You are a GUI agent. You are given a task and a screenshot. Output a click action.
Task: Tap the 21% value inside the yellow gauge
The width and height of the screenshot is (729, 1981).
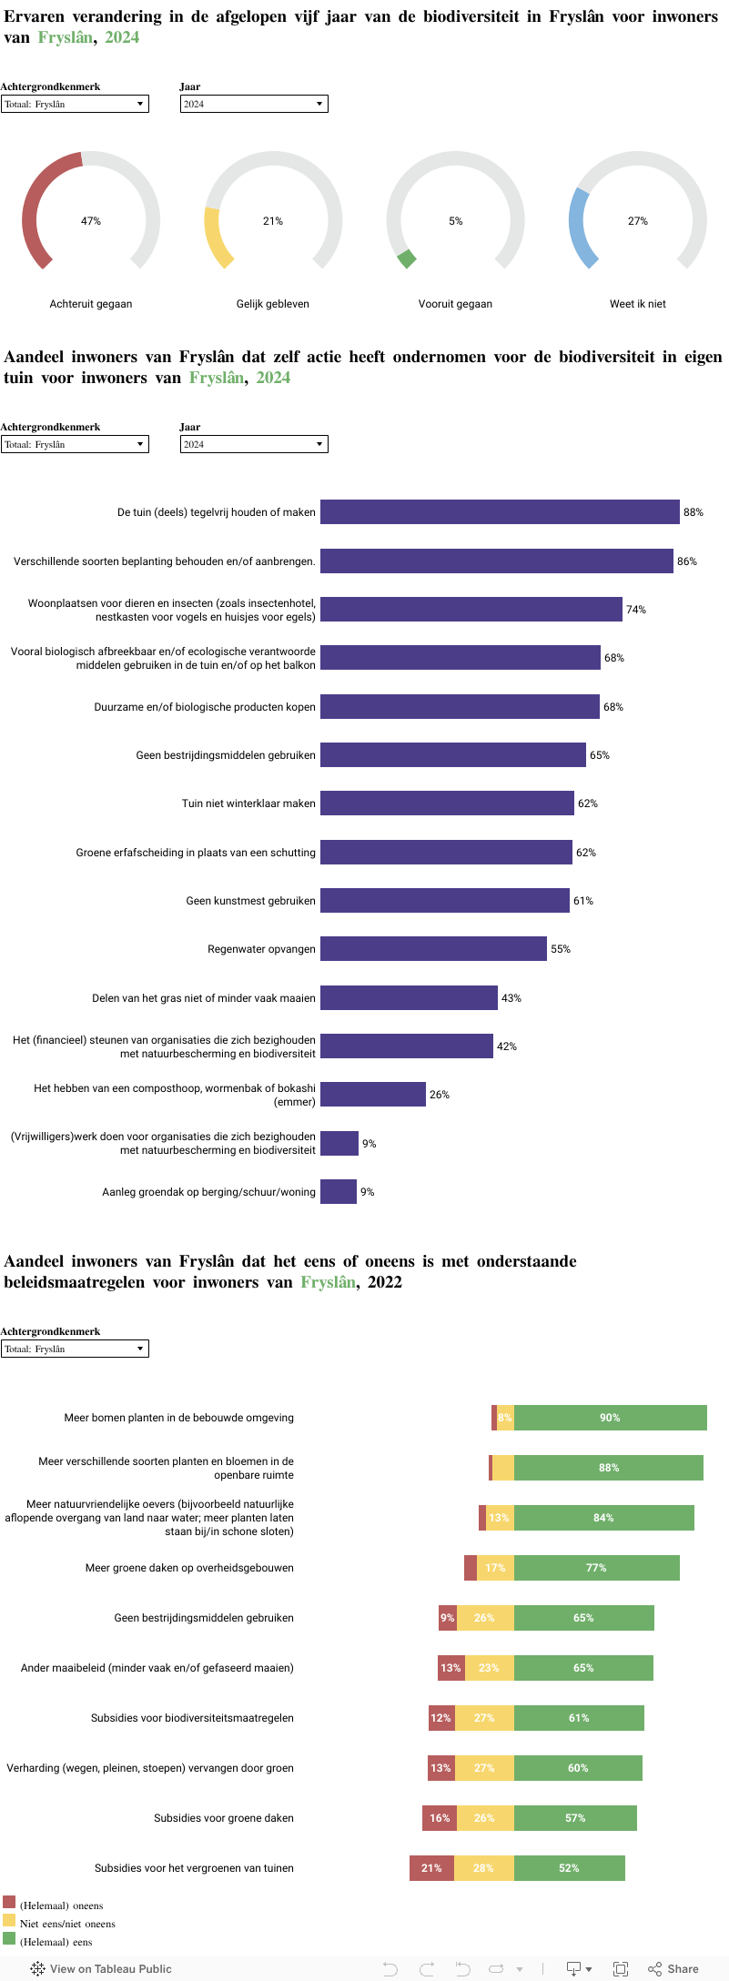[273, 221]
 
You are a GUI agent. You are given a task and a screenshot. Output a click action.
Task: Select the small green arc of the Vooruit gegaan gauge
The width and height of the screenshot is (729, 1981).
[407, 258]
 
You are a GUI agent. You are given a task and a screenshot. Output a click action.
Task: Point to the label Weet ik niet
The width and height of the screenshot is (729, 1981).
[637, 304]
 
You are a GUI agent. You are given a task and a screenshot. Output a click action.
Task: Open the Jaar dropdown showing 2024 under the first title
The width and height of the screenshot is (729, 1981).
[254, 104]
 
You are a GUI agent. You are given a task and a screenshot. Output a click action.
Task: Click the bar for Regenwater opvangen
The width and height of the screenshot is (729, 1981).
[433, 948]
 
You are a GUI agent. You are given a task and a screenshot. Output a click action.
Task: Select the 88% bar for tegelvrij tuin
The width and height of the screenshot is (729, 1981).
[500, 511]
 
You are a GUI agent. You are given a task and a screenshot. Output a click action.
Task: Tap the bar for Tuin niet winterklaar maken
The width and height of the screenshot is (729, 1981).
[447, 803]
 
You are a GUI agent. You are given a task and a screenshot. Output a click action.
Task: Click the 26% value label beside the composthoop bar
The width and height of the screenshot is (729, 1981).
[440, 1095]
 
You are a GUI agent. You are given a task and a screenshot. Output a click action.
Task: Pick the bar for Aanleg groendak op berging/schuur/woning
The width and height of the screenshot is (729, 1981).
[339, 1191]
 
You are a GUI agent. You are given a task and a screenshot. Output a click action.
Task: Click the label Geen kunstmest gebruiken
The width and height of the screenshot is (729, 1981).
[250, 901]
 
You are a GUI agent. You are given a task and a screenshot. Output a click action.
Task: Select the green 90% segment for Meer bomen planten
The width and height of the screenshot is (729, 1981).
[610, 1418]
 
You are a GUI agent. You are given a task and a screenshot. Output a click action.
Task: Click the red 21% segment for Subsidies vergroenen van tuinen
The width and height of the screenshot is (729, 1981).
[431, 1868]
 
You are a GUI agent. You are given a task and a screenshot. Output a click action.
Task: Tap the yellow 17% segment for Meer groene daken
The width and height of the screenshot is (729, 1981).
[495, 1568]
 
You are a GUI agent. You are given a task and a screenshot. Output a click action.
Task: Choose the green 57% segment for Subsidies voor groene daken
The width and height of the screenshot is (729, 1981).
[575, 1818]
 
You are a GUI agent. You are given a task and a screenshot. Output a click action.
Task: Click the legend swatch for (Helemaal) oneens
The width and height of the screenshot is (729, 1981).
[9, 1902]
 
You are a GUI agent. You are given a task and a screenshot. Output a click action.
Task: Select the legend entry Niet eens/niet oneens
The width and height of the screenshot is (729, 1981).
[67, 1924]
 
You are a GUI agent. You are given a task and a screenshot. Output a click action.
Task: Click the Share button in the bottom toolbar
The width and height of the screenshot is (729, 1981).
[673, 1968]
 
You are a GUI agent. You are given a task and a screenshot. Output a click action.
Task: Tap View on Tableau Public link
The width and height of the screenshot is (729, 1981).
[102, 1968]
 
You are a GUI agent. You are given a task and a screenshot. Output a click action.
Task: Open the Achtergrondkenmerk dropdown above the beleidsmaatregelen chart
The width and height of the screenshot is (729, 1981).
[75, 1349]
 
